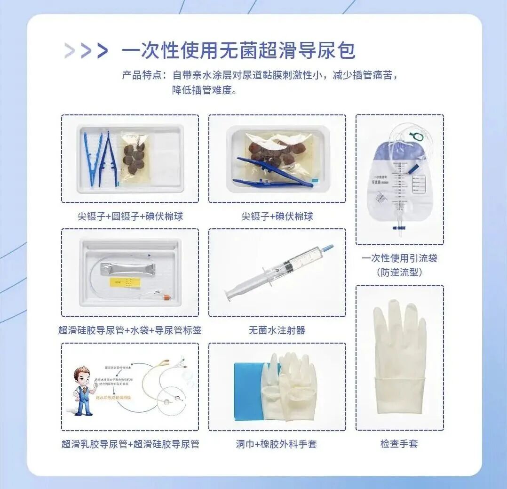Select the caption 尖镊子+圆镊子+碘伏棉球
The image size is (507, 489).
pyautogui.click(x=130, y=216)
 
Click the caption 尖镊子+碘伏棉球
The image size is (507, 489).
pyautogui.click(x=277, y=216)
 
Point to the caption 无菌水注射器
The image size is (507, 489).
pyautogui.click(x=277, y=330)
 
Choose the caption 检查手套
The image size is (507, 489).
pyautogui.click(x=399, y=443)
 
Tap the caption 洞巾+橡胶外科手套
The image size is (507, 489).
pyautogui.click(x=277, y=444)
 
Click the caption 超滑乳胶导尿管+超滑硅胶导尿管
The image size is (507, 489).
pyautogui.click(x=130, y=444)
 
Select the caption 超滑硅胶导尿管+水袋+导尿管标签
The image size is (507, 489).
pyautogui.click(x=130, y=330)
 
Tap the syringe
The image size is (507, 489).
pyautogui.click(x=277, y=273)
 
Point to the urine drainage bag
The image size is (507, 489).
pyautogui.click(x=399, y=179)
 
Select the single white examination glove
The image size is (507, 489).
pyautogui.click(x=400, y=358)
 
